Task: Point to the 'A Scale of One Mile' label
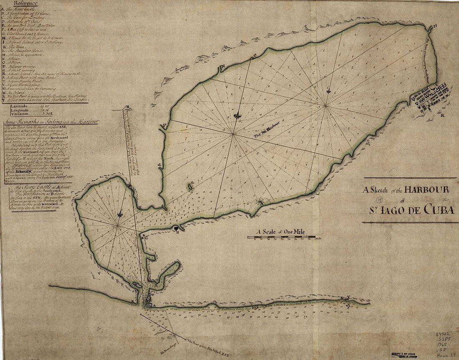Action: [281, 232]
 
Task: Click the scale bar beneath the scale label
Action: [281, 237]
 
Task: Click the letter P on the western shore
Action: [164, 125]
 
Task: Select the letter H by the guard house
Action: [177, 232]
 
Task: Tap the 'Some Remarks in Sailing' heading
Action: [50, 122]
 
